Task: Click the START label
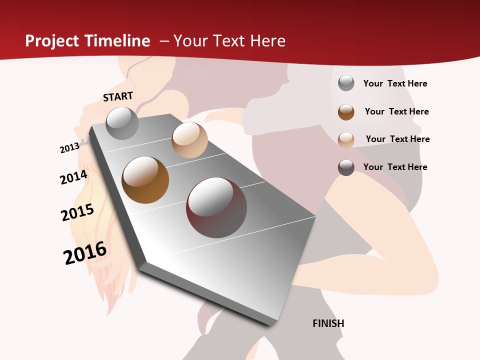pyautogui.click(x=118, y=96)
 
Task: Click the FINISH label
pyautogui.click(x=328, y=323)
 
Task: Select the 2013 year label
pyautogui.click(x=70, y=148)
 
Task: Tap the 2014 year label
pyautogui.click(x=73, y=177)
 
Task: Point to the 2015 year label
pyautogui.click(x=77, y=212)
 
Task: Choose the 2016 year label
pyautogui.click(x=85, y=252)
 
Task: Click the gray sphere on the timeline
pyautogui.click(x=122, y=123)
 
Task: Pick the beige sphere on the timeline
pyautogui.click(x=189, y=140)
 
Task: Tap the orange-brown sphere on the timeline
pyautogui.click(x=145, y=180)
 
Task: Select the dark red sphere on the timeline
pyautogui.click(x=216, y=207)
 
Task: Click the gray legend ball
pyautogui.click(x=346, y=83)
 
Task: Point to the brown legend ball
pyautogui.click(x=346, y=111)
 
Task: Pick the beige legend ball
pyautogui.click(x=346, y=139)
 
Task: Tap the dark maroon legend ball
pyautogui.click(x=346, y=167)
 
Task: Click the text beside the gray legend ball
pyautogui.click(x=395, y=83)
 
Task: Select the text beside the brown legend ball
pyautogui.click(x=396, y=111)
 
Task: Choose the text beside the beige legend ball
pyautogui.click(x=397, y=139)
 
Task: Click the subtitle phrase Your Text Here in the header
pyautogui.click(x=229, y=41)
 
